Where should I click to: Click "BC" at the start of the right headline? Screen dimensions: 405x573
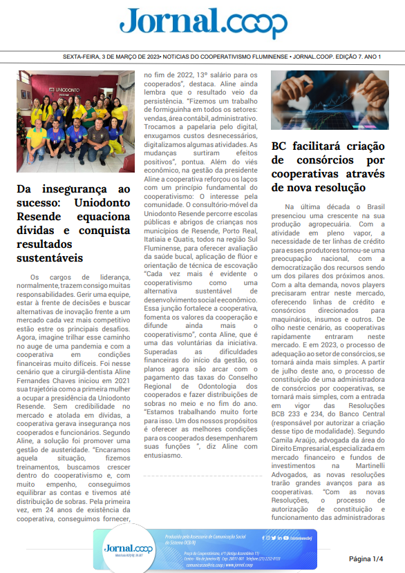279,146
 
